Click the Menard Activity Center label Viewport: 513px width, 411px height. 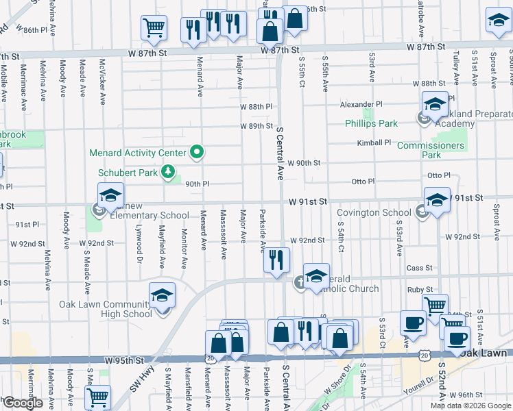[x=139, y=153]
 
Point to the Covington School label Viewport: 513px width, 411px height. [x=374, y=213]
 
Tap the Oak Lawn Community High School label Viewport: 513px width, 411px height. [x=106, y=309]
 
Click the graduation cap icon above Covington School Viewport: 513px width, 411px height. [x=437, y=201]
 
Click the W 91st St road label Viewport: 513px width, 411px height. [x=307, y=201]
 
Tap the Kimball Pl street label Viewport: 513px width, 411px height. [x=374, y=143]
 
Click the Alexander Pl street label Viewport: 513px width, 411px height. [x=358, y=105]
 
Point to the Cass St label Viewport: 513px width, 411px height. [x=420, y=268]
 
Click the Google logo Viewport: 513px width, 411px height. [x=23, y=403]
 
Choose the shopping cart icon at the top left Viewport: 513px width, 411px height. [x=154, y=28]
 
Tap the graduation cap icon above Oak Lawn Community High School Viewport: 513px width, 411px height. [x=162, y=295]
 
